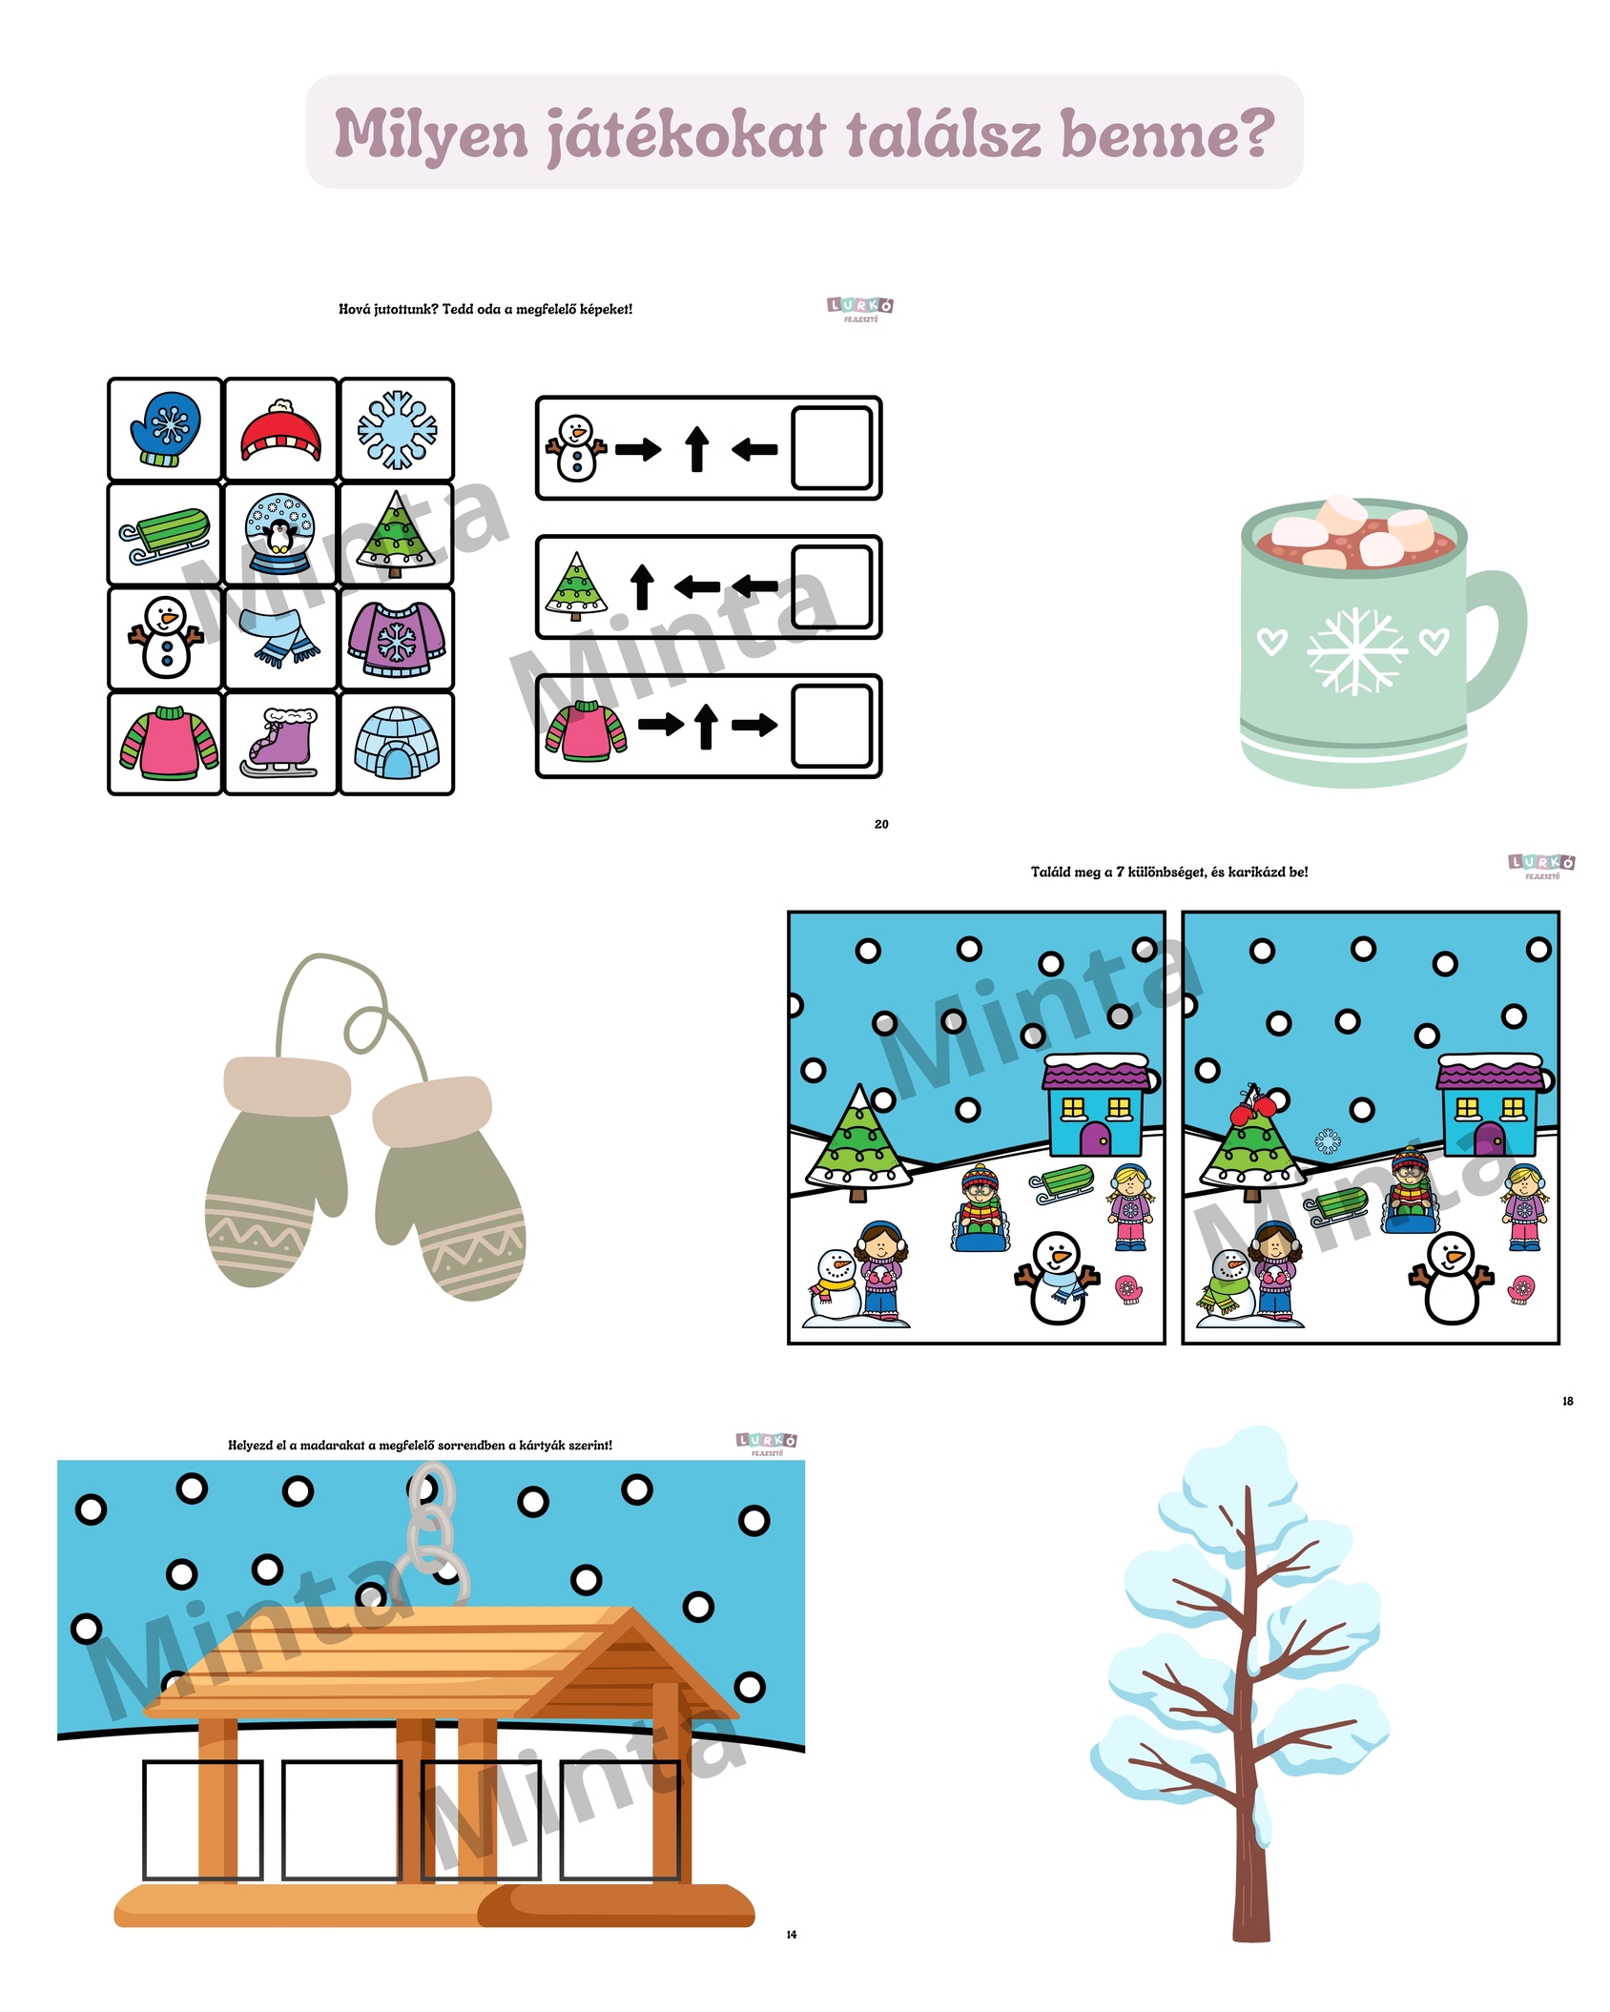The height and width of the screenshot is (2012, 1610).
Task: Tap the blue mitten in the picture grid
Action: [x=166, y=429]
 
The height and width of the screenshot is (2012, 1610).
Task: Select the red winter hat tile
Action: [x=280, y=430]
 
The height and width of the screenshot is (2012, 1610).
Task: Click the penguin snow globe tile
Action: [x=280, y=535]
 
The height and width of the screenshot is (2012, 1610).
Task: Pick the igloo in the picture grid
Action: [x=397, y=743]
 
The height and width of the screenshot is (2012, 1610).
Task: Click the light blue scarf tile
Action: [x=280, y=639]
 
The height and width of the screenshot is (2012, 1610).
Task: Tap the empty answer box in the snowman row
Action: [x=832, y=448]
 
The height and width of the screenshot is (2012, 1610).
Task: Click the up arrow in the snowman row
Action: [x=697, y=449]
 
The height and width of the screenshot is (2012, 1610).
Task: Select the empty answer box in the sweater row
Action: [x=832, y=726]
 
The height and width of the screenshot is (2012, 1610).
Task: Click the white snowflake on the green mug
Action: [x=1355, y=650]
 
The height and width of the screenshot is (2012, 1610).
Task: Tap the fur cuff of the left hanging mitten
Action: [x=286, y=1086]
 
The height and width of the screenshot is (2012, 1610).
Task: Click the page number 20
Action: [x=881, y=824]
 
